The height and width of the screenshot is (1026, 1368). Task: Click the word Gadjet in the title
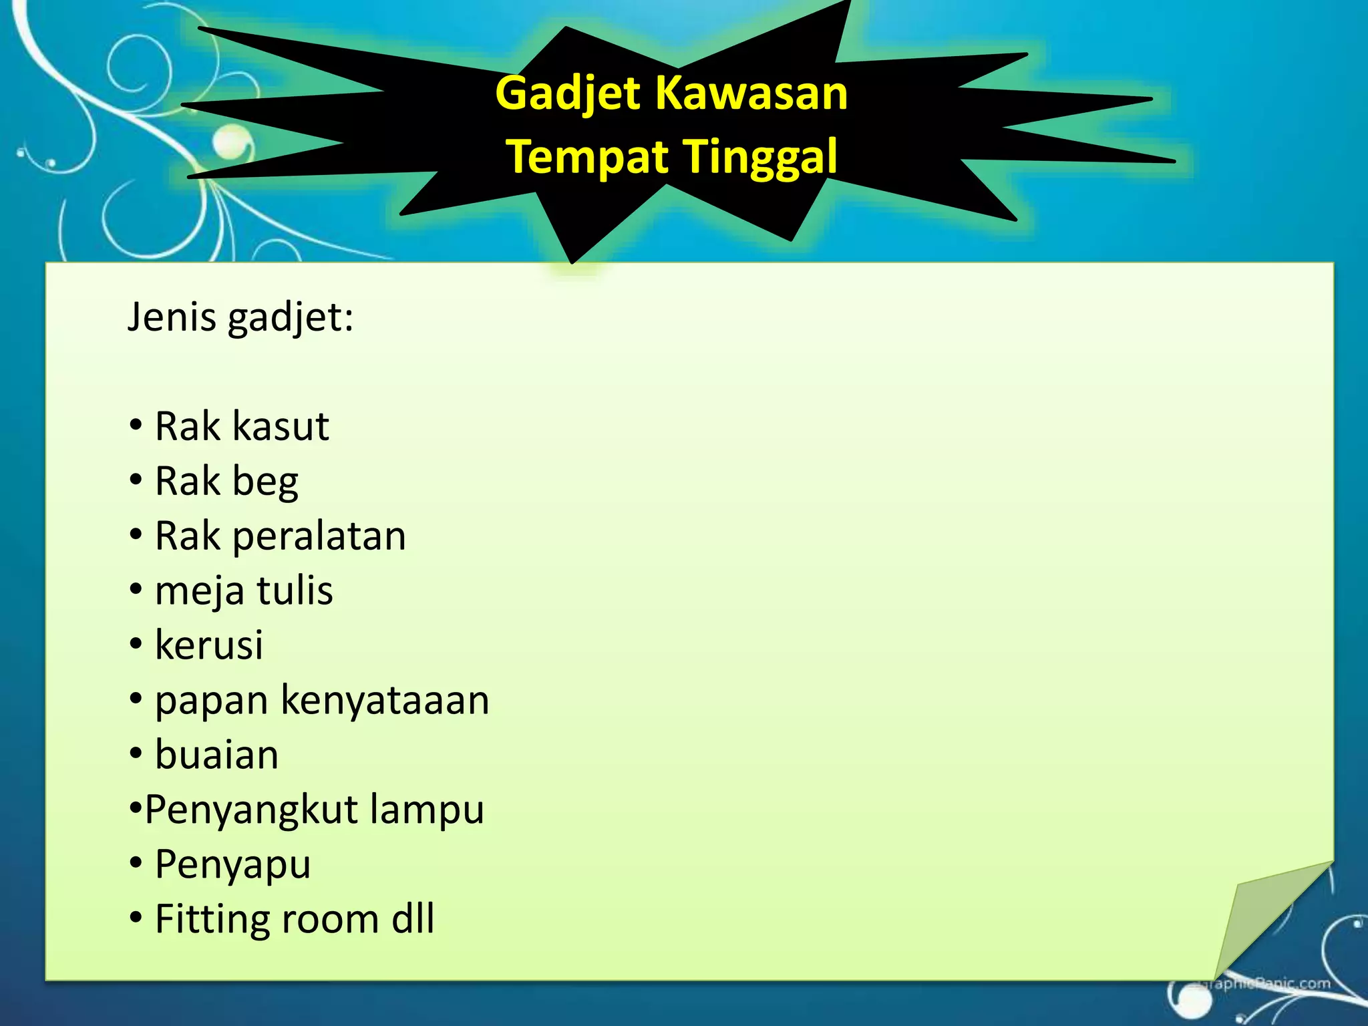[x=569, y=94]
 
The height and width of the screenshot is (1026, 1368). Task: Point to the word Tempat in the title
[x=588, y=157]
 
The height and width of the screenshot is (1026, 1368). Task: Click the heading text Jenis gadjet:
[x=240, y=317]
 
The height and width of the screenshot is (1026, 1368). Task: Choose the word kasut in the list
[x=281, y=427]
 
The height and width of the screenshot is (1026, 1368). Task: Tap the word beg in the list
[x=265, y=482]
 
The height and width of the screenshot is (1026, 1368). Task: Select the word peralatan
[x=319, y=537]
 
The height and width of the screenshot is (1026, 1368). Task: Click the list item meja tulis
[x=244, y=591]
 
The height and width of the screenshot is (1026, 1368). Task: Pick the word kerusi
[x=209, y=646]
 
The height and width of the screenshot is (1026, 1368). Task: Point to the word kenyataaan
[x=385, y=701]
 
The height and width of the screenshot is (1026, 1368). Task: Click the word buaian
[x=216, y=755]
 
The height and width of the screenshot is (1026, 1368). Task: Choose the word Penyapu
[x=232, y=865]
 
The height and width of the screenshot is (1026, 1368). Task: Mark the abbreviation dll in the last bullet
[x=413, y=920]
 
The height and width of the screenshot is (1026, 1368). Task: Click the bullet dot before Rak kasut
[x=136, y=425]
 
